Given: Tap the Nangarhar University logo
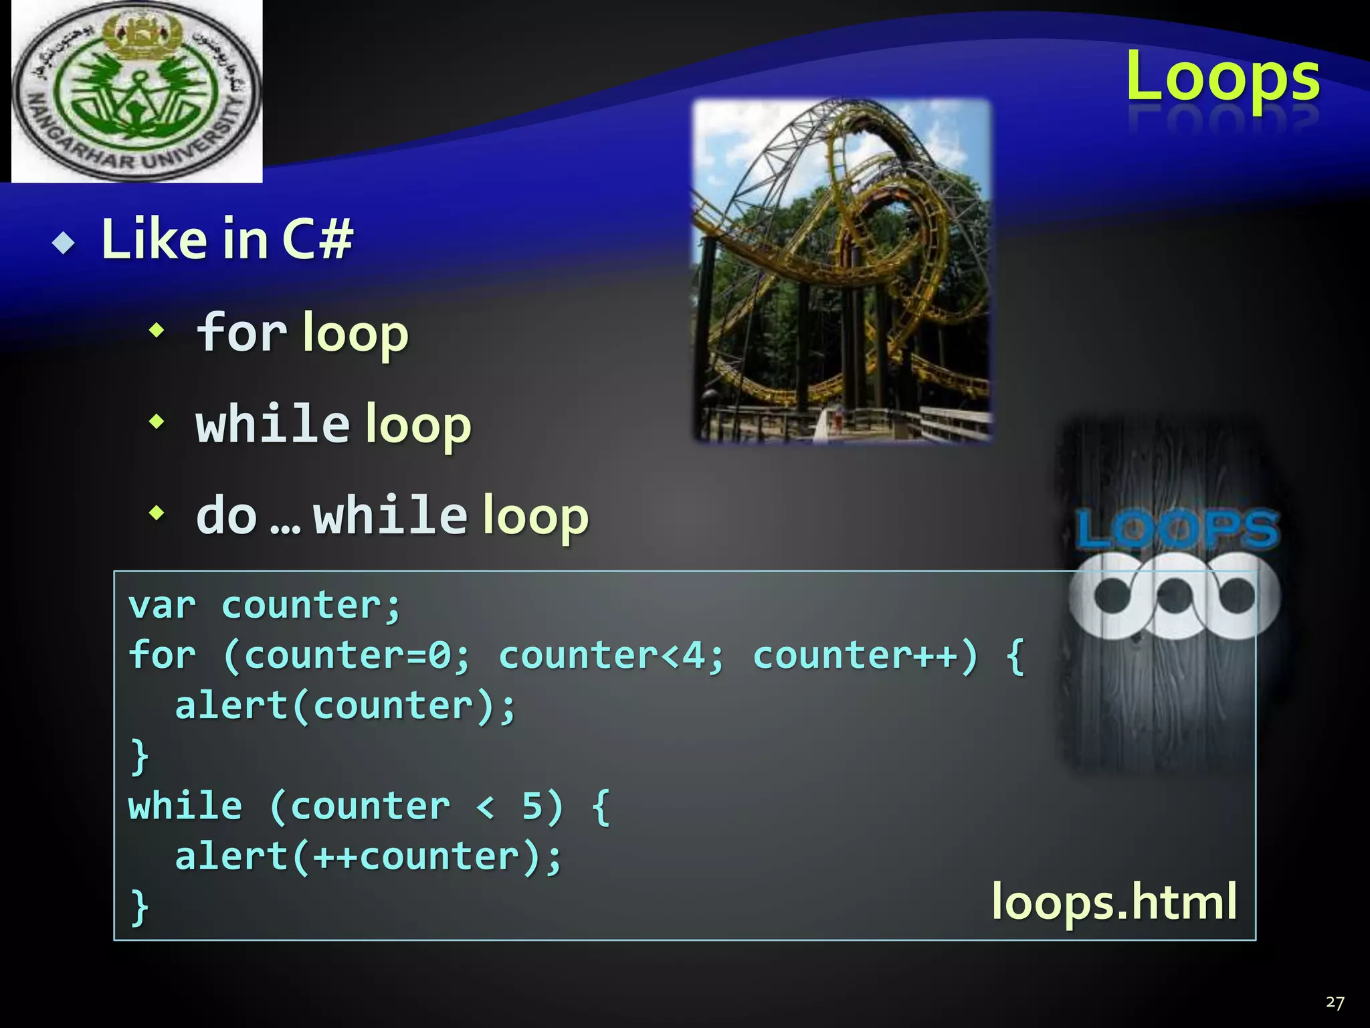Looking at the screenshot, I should tap(136, 92).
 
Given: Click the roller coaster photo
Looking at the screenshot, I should tap(842, 270).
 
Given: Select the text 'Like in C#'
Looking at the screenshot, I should tap(227, 239).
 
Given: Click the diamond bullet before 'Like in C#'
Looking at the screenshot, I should tap(64, 243).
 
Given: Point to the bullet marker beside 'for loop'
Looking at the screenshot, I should tap(157, 329).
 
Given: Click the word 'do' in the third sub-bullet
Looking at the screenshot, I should tap(226, 516).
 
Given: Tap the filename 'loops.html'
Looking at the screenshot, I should tap(1113, 902).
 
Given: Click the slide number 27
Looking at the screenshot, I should tap(1335, 1002).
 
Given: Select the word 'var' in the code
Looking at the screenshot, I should tap(162, 606).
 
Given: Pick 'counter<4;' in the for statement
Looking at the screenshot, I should tap(611, 655).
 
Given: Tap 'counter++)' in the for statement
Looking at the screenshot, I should tap(865, 655).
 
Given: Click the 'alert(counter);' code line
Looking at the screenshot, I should tap(345, 706).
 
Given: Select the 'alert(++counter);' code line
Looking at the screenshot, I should tap(368, 857).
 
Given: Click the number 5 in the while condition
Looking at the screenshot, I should tap(532, 806).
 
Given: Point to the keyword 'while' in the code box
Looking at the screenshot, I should tap(185, 806).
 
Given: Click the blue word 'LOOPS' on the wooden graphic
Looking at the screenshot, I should tap(1177, 529).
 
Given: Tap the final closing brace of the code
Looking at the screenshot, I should tap(139, 908).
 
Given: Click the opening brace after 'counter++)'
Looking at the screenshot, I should tap(1015, 657).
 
